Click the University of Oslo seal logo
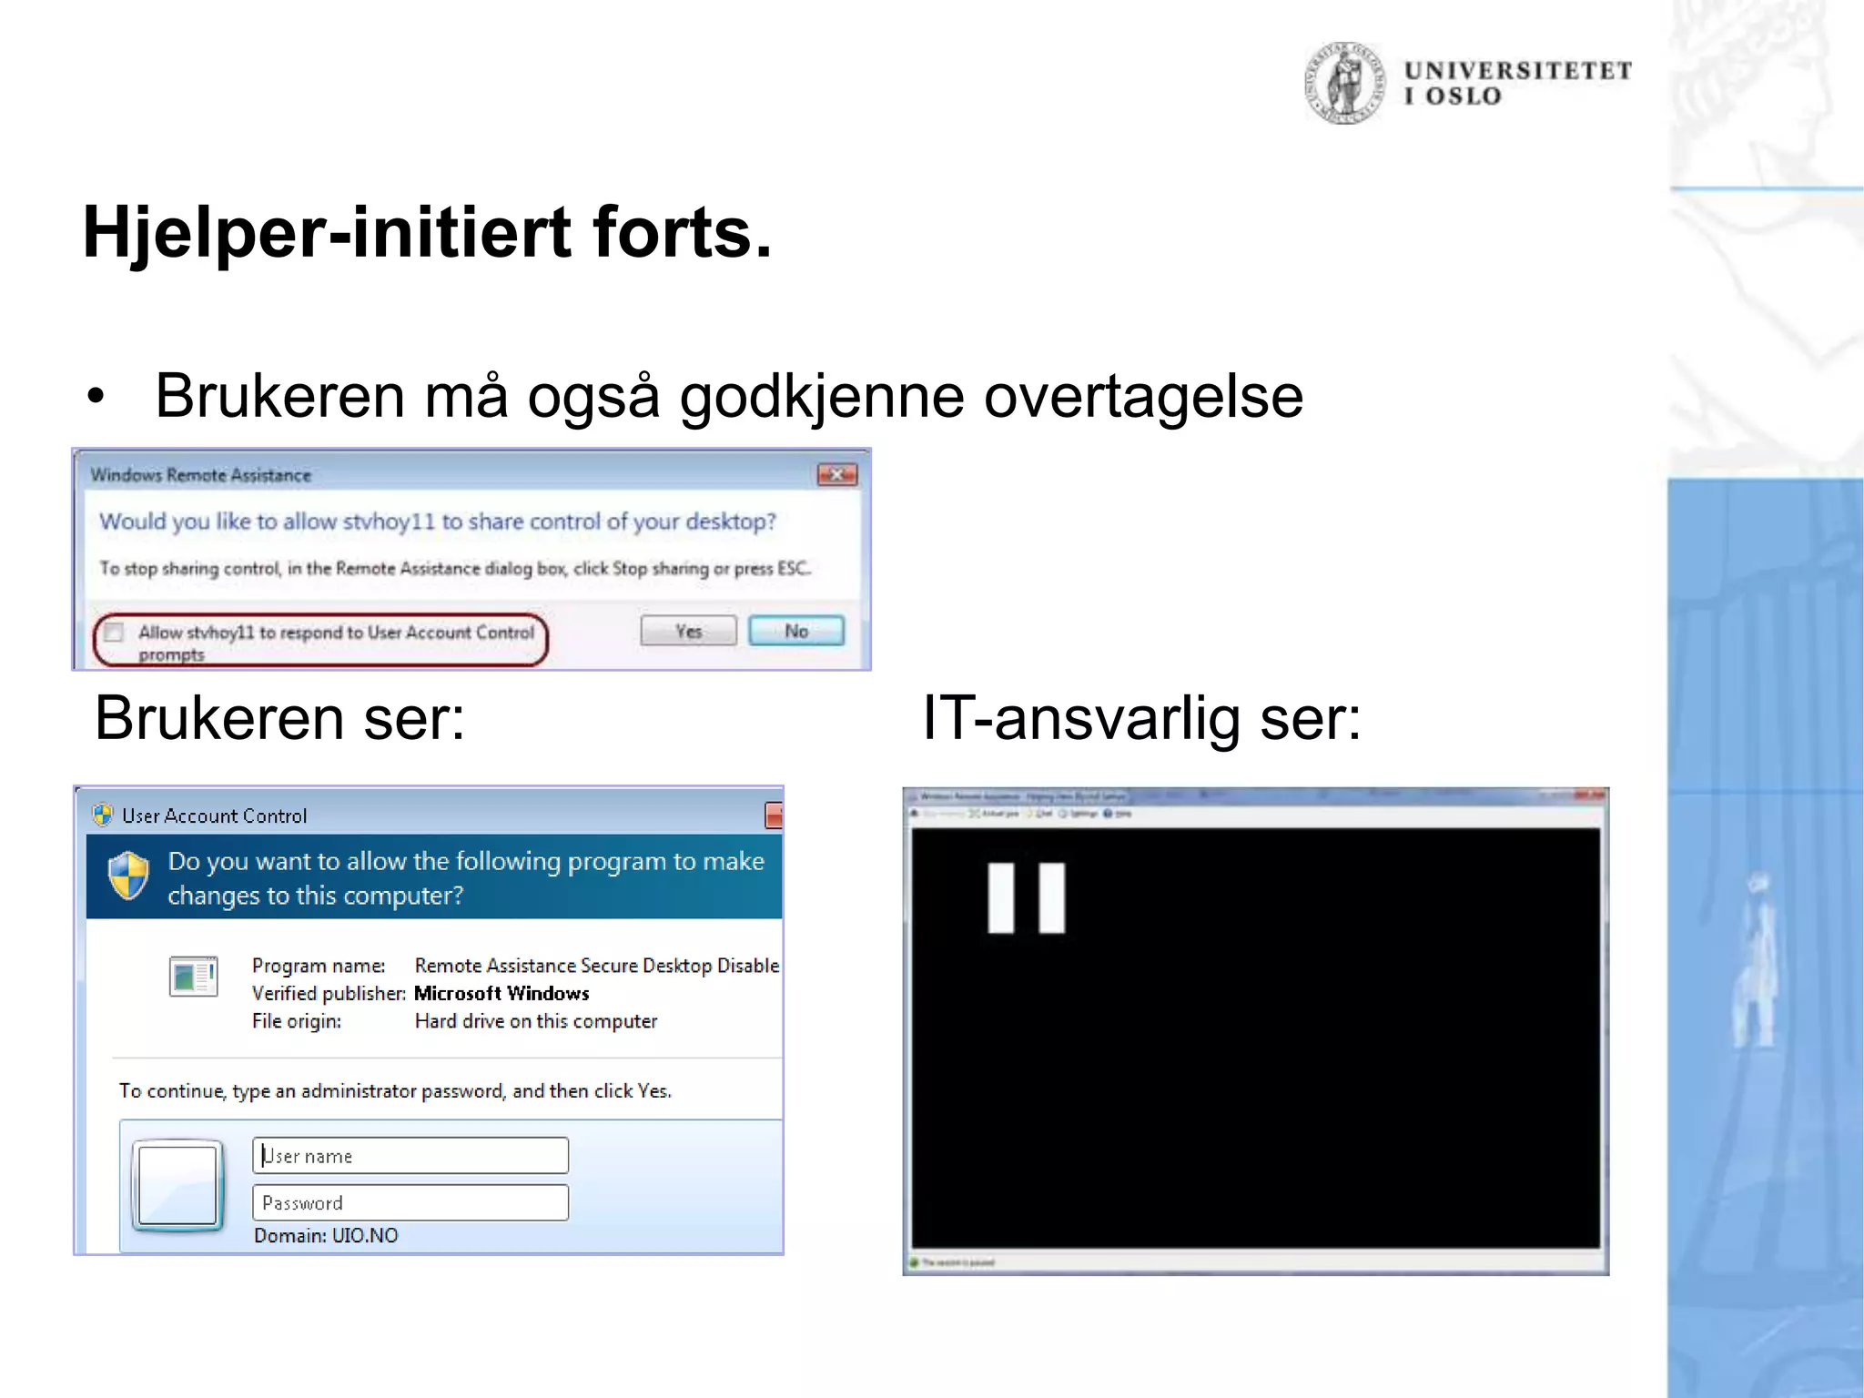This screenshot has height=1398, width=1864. [1344, 83]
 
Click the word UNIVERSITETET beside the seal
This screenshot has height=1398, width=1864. [1517, 71]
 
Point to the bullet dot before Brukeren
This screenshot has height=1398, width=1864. [96, 397]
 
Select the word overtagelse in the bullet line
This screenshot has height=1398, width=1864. [1143, 397]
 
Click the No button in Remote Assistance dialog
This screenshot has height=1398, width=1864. [795, 631]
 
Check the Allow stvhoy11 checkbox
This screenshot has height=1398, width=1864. [115, 632]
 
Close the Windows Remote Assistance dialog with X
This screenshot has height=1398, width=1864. [836, 474]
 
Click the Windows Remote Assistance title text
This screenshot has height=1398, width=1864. [201, 475]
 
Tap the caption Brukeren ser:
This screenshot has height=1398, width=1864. [279, 718]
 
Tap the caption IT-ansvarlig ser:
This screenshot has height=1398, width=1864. [1141, 718]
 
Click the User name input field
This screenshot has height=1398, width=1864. [410, 1156]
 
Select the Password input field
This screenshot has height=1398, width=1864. [410, 1202]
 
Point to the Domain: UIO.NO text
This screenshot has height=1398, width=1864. [326, 1236]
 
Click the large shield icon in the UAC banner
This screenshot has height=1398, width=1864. [128, 876]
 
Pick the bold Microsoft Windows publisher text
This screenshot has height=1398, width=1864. [501, 993]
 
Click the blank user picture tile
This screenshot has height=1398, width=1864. [177, 1185]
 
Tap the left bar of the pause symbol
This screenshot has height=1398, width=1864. [1000, 897]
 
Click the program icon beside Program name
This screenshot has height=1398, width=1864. [193, 977]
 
